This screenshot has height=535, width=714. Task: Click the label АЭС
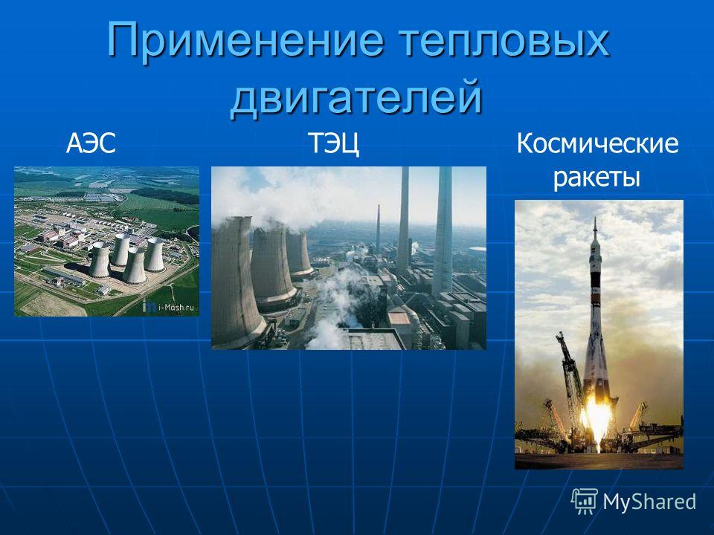[x=91, y=143]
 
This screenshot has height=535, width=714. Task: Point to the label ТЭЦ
[x=334, y=143]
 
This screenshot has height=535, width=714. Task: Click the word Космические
[x=597, y=143]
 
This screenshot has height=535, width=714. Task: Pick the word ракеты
[x=597, y=178]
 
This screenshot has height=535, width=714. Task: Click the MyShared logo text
[x=649, y=502]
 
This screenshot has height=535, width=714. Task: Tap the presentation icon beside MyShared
[x=585, y=501]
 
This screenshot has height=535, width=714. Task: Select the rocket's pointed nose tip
[x=595, y=218]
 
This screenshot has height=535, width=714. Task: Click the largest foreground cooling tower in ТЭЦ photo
[x=236, y=282]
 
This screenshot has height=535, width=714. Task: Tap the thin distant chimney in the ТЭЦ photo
[x=378, y=227]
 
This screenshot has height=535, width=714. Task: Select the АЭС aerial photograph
[x=106, y=241]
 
